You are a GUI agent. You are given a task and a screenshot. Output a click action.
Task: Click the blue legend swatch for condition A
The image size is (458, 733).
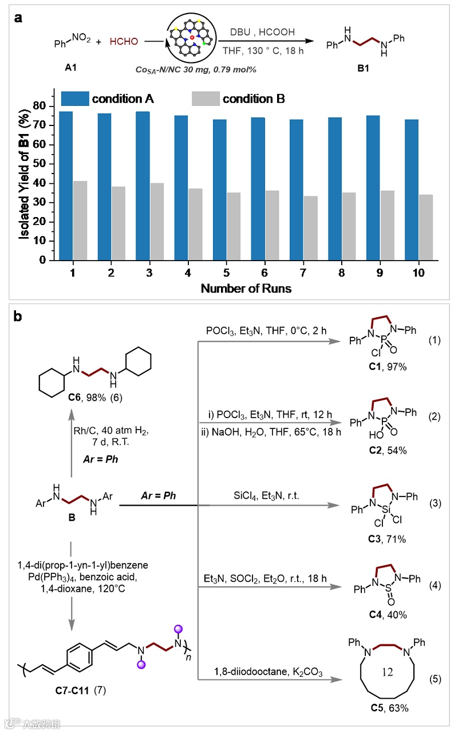pos(74,98)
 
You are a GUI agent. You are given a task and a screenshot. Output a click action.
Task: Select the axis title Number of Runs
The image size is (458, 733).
pos(246,289)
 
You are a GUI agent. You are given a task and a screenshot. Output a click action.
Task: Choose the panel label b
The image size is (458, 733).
pos(19,316)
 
